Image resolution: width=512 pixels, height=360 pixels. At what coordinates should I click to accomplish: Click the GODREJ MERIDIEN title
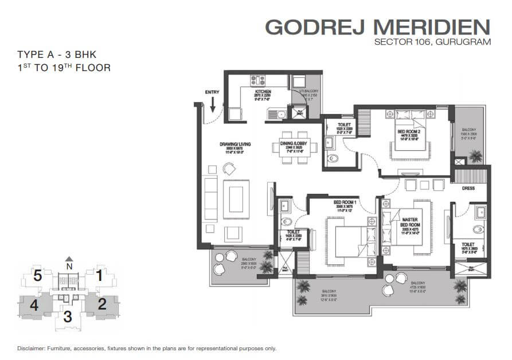[378, 26]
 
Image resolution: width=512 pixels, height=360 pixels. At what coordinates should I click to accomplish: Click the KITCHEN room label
[263, 91]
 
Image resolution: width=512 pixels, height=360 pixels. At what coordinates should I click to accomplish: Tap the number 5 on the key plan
[37, 276]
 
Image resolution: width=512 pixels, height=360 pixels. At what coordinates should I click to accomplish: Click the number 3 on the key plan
[68, 315]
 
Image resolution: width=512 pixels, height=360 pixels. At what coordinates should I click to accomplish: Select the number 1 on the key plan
[99, 276]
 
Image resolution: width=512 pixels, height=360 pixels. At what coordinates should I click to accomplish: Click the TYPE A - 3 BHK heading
[56, 55]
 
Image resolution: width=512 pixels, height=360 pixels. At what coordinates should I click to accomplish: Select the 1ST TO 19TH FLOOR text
[64, 68]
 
